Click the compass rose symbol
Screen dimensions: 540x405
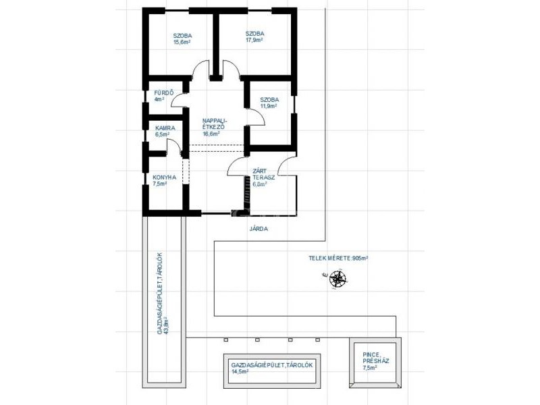pyautogui.click(x=337, y=279)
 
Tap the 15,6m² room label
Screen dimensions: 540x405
pyautogui.click(x=182, y=39)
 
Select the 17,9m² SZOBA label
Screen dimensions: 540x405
pyautogui.click(x=255, y=37)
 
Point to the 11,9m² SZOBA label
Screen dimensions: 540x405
pyautogui.click(x=269, y=103)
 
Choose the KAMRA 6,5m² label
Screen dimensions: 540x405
pyautogui.click(x=165, y=131)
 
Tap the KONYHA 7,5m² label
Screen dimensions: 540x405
pyautogui.click(x=164, y=180)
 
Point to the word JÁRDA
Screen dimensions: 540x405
pyautogui.click(x=259, y=229)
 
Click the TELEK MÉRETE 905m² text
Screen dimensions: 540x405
pyautogui.click(x=339, y=258)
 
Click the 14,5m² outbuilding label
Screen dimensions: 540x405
pyautogui.click(x=272, y=368)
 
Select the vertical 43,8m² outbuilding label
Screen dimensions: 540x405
pyautogui.click(x=163, y=294)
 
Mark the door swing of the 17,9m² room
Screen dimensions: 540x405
pyautogui.click(x=232, y=68)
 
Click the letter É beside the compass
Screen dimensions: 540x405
pyautogui.click(x=324, y=275)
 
